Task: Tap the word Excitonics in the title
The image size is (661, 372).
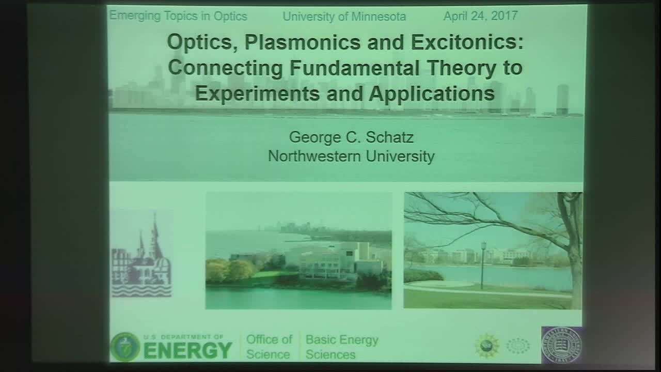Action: coord(466,42)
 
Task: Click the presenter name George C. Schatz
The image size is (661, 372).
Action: coord(351,137)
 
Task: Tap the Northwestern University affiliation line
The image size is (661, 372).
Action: coord(351,156)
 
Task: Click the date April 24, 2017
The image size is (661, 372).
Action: coord(480,16)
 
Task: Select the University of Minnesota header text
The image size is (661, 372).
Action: coord(344,17)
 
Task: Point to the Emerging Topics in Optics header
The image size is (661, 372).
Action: coord(178,16)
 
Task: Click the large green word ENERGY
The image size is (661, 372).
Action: coord(188,350)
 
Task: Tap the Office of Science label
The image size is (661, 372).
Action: coord(269,347)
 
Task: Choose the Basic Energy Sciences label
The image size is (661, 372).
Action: coord(342,347)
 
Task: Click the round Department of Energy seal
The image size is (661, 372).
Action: coord(125,347)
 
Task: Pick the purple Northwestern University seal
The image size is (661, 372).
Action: coord(561,344)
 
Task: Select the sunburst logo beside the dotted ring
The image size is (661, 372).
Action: coord(487,345)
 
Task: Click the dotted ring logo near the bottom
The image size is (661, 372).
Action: coord(518,345)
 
